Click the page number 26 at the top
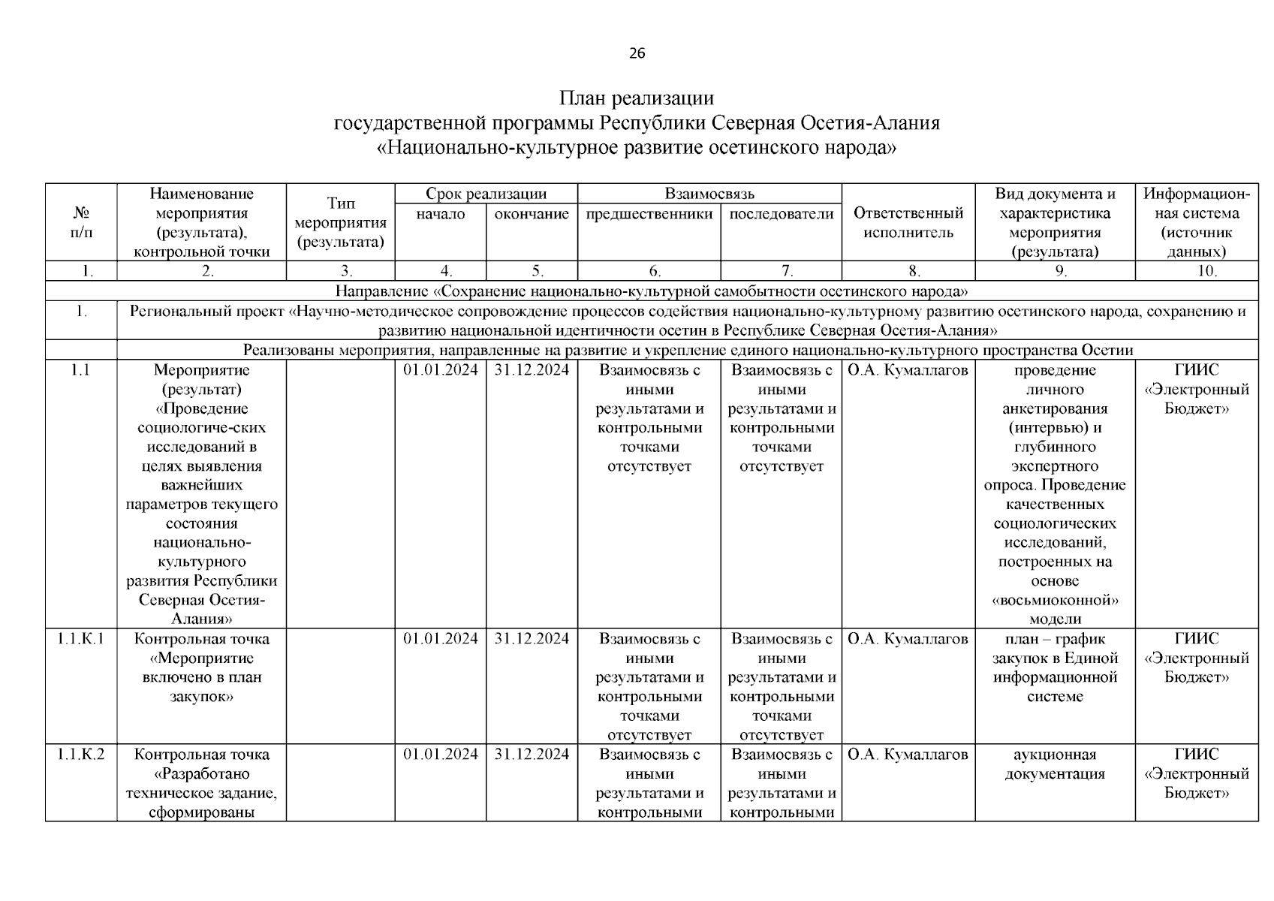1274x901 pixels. (637, 53)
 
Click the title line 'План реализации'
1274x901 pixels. (637, 98)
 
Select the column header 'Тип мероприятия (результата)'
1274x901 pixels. (340, 223)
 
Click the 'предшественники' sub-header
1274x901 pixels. (649, 215)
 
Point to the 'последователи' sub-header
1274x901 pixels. (781, 215)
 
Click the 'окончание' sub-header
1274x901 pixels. (532, 215)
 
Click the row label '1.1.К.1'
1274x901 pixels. (80, 639)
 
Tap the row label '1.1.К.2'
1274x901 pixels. (80, 755)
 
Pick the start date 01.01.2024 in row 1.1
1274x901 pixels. (440, 370)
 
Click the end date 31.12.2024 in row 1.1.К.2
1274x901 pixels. (532, 755)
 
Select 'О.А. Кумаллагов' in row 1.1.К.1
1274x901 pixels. (908, 639)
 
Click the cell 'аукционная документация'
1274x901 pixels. (1054, 764)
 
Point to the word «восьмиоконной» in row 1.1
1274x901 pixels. (1055, 601)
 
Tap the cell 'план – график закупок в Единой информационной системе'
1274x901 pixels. (1054, 667)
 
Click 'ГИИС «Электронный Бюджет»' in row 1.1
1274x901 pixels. (1197, 390)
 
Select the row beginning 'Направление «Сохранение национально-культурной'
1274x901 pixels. (651, 291)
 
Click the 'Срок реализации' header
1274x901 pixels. (486, 194)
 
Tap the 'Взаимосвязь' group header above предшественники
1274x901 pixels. (709, 194)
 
